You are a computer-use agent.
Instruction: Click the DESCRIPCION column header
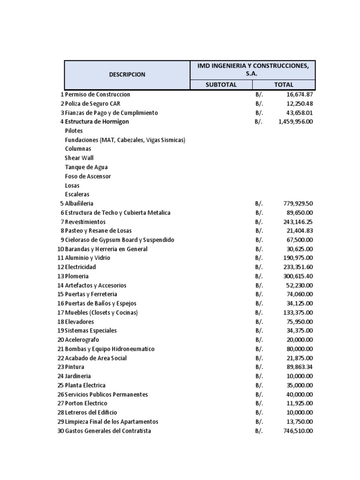(127, 75)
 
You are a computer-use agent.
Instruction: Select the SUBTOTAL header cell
(221, 85)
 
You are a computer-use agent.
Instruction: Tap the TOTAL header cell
(284, 85)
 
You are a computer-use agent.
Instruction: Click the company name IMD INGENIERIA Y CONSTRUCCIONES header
(253, 70)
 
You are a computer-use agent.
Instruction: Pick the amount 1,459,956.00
(295, 121)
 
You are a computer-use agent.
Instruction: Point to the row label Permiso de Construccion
(97, 94)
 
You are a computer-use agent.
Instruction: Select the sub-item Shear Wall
(79, 158)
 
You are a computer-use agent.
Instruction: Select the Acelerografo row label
(82, 340)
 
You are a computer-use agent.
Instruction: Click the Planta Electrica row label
(85, 385)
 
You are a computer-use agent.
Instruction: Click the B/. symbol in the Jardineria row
(259, 376)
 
